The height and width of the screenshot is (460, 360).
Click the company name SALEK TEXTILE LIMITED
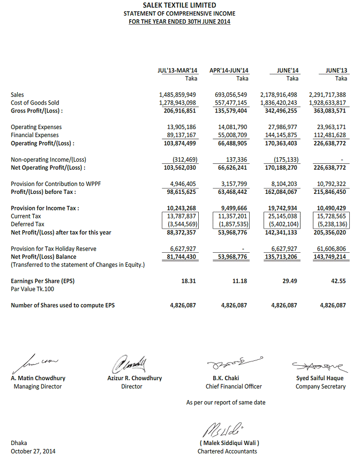coord(179,5)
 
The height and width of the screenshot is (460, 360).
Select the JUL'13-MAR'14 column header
coord(177,70)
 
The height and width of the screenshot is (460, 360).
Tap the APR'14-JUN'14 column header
coord(229,70)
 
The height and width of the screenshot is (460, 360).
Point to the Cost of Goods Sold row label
coord(35,103)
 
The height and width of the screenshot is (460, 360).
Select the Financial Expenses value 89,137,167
coord(178,135)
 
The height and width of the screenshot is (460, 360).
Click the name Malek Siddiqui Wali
coord(228,443)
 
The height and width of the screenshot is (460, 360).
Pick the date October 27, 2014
coord(33,451)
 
